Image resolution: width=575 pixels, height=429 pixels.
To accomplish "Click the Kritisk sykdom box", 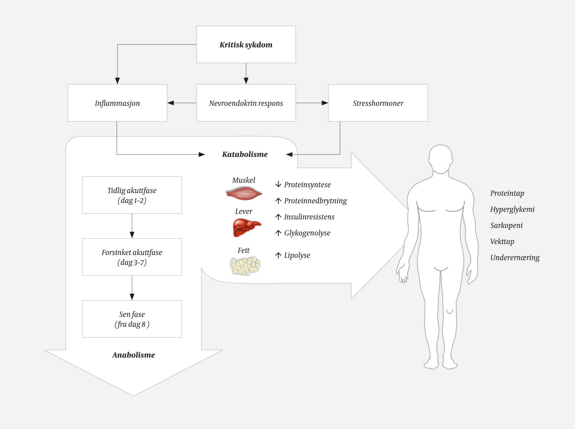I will pyautogui.click(x=246, y=44).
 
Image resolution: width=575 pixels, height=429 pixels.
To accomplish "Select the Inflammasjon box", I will pyautogui.click(x=117, y=103).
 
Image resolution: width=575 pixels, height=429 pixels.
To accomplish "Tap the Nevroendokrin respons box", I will pyautogui.click(x=246, y=103).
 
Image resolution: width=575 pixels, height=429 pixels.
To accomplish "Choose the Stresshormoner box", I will pyautogui.click(x=378, y=103).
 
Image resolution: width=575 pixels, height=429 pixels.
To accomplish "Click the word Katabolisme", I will pyautogui.click(x=245, y=154).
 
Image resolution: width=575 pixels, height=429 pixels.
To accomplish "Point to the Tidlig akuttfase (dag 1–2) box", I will pyautogui.click(x=132, y=195).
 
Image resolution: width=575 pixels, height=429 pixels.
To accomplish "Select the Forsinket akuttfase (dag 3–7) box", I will pyautogui.click(x=132, y=257).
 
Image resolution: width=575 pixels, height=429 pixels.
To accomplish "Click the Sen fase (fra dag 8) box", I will pyautogui.click(x=132, y=319).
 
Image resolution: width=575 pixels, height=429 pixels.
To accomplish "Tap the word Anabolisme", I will pyautogui.click(x=133, y=355).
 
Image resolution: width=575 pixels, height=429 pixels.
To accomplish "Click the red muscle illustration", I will pyautogui.click(x=244, y=194).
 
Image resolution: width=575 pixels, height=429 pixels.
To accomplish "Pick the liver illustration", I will pyautogui.click(x=246, y=227).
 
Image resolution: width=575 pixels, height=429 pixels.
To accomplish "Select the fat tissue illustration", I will pyautogui.click(x=245, y=266).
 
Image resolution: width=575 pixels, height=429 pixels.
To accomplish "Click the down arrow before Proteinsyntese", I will pyautogui.click(x=278, y=184).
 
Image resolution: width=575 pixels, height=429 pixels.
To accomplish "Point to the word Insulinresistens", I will pyautogui.click(x=309, y=217).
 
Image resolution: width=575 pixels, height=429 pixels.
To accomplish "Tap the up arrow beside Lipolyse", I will pyautogui.click(x=278, y=255).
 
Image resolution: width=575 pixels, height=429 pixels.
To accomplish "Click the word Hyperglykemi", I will pyautogui.click(x=512, y=209).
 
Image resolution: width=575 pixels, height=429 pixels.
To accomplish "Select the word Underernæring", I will pyautogui.click(x=515, y=258).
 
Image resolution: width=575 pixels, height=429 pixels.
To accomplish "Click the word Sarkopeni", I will pyautogui.click(x=506, y=225).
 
